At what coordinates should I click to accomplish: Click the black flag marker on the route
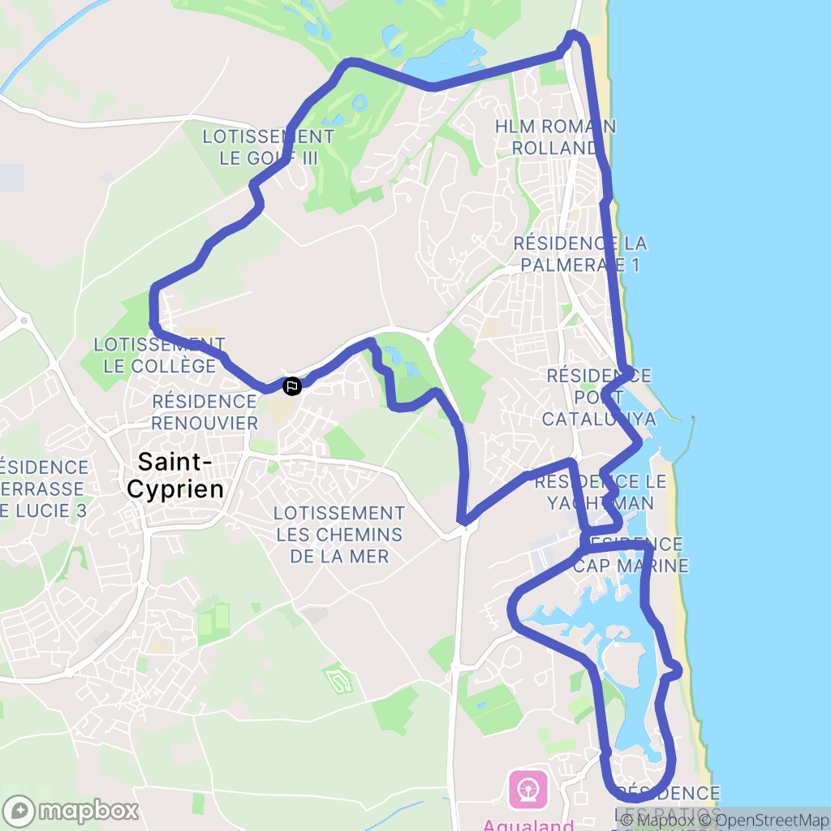click(x=291, y=386)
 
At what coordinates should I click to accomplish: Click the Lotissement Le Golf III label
click(x=268, y=147)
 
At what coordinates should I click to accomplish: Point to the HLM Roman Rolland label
click(x=555, y=137)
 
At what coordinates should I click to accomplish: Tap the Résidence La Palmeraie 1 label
click(x=580, y=254)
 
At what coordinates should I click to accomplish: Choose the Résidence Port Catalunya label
click(x=598, y=397)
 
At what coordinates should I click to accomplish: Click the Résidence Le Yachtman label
click(x=601, y=492)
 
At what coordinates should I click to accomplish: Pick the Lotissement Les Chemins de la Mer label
click(x=339, y=535)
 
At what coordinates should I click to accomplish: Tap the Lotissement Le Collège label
click(x=160, y=355)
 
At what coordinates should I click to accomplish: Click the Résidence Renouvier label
click(x=205, y=411)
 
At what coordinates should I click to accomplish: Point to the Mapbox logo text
click(x=89, y=811)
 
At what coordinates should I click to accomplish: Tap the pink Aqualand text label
click(x=527, y=824)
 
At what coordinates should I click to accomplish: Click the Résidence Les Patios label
click(x=667, y=802)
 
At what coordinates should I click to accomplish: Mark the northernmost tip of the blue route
click(x=575, y=32)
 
